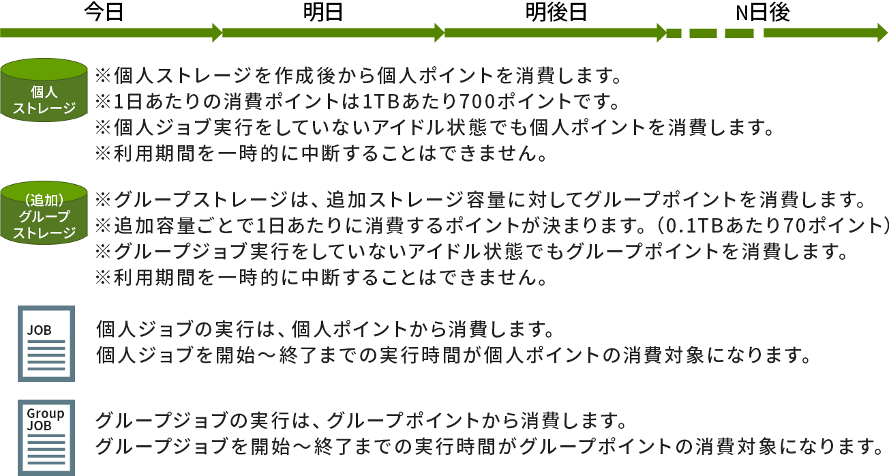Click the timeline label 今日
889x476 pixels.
pos(103,12)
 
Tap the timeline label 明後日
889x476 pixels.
pos(556,12)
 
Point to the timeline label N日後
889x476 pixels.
pos(762,12)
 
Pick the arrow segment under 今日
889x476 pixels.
pos(109,33)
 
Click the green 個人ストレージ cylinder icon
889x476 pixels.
pos(44,91)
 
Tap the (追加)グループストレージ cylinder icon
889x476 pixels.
pos(44,213)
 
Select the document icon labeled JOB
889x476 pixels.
pos(46,343)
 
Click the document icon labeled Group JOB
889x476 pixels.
pos(46,437)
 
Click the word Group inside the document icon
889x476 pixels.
pos(45,413)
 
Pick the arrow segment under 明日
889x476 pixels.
pos(331,33)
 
